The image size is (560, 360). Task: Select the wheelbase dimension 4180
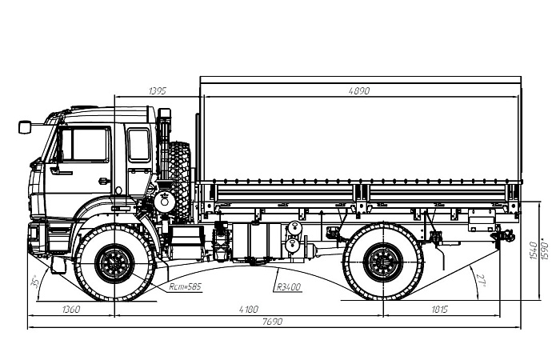click(x=250, y=309)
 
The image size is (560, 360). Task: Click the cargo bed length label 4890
click(x=359, y=91)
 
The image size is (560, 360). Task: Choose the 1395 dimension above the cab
click(x=158, y=91)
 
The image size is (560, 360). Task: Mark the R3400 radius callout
click(x=286, y=286)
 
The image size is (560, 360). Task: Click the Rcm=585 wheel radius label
click(x=186, y=285)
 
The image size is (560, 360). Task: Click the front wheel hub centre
click(x=115, y=262)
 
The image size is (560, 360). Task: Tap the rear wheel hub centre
click(x=383, y=262)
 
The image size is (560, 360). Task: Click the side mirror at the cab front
click(x=25, y=126)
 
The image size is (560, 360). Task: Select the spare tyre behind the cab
click(x=179, y=181)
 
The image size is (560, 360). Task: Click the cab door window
click(x=84, y=146)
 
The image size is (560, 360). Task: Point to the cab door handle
click(x=103, y=181)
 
